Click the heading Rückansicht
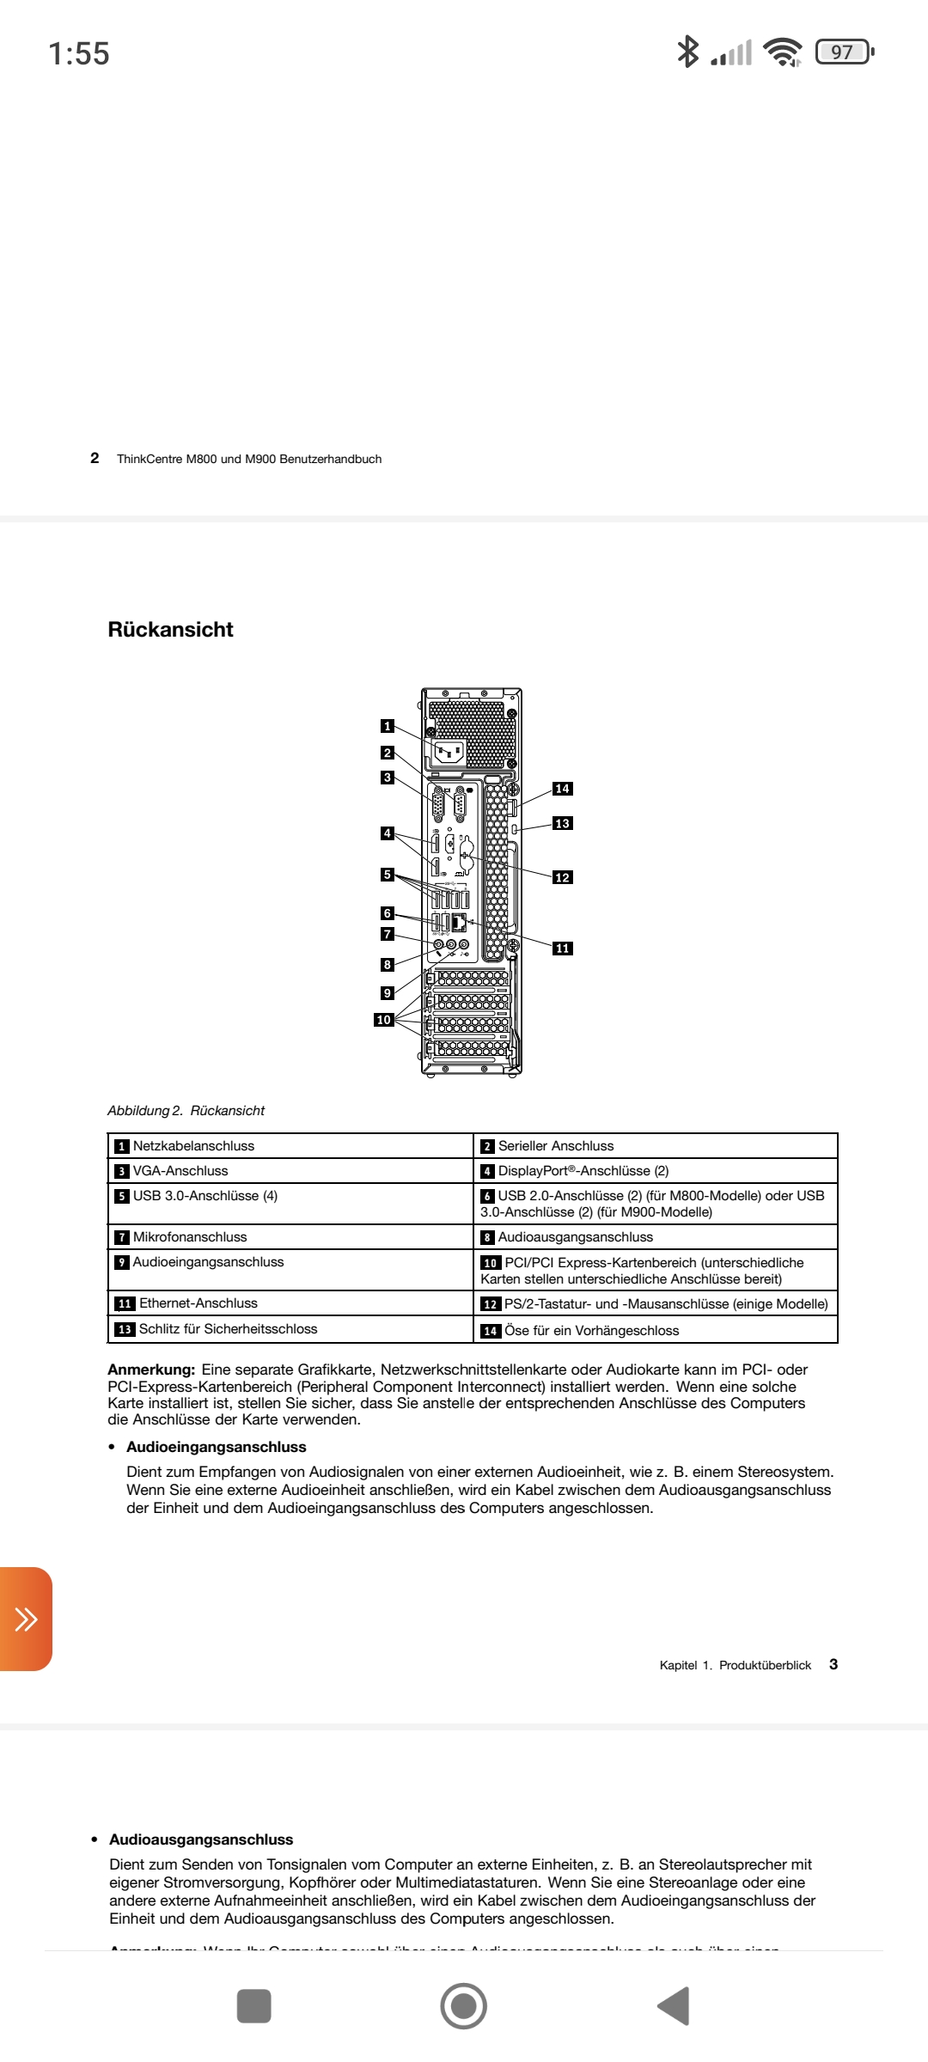170,630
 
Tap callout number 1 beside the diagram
388,726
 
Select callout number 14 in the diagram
562,789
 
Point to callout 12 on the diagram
562,877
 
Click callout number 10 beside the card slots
383,1020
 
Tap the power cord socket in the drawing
449,753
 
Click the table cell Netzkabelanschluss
193,1146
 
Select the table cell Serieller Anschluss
556,1146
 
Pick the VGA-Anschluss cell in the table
180,1171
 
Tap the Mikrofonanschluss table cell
190,1237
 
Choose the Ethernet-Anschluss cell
198,1303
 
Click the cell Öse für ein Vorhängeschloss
591,1331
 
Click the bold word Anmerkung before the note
151,1370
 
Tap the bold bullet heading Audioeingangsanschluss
216,1447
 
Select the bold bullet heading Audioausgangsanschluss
201,1839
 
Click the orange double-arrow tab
26,1620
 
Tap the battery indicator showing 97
843,52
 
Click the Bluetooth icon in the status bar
687,52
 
